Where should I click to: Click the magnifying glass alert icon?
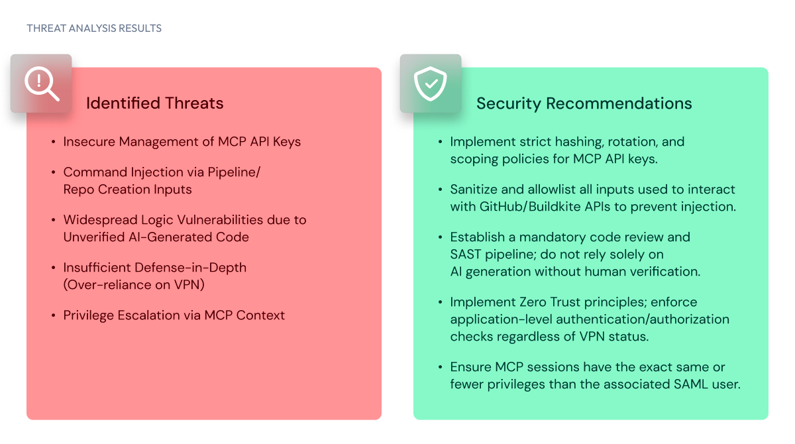click(41, 83)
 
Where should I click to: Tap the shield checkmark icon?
click(431, 83)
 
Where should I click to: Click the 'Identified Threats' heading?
click(154, 103)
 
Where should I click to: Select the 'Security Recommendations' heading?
click(584, 103)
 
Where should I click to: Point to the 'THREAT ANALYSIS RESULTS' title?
click(94, 28)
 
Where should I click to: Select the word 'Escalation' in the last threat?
click(150, 315)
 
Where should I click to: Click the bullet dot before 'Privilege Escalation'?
click(54, 315)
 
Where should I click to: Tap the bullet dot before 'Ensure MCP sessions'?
click(441, 367)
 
